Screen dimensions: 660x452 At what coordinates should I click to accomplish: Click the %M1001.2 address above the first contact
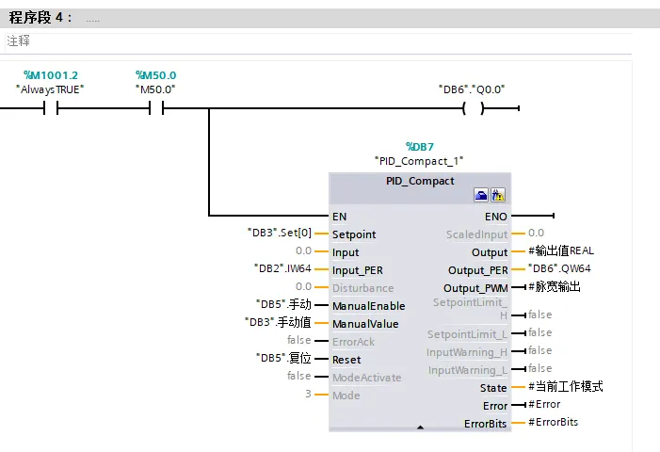(51, 75)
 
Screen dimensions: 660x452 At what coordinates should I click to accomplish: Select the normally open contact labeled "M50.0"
(156, 108)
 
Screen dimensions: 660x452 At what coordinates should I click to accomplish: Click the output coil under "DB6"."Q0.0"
(474, 108)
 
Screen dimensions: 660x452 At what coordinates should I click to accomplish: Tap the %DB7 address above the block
(420, 147)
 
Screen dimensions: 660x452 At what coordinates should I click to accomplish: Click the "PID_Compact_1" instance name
(419, 161)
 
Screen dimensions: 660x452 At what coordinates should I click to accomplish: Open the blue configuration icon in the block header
(481, 195)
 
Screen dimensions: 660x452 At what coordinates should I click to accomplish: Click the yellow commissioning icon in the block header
(498, 195)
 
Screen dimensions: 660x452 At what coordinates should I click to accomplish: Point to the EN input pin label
(339, 217)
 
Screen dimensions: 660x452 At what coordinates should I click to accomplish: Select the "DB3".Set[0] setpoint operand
(280, 233)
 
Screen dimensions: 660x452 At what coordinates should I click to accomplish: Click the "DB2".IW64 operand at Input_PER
(282, 268)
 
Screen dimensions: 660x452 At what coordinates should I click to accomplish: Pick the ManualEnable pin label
(369, 306)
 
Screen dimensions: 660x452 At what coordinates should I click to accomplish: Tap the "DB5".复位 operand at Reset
(283, 358)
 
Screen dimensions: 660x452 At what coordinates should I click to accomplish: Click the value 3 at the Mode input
(309, 394)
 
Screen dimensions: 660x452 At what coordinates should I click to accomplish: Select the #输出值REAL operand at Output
(561, 250)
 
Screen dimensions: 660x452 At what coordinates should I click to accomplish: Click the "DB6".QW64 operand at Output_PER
(559, 268)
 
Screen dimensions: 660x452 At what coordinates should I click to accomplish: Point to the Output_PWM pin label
(475, 288)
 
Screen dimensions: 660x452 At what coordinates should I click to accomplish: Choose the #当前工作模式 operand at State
(566, 386)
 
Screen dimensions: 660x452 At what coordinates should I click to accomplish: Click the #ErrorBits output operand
(553, 422)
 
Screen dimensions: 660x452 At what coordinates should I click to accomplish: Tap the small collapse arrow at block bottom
(420, 428)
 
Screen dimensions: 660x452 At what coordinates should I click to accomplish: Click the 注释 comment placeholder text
(18, 40)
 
